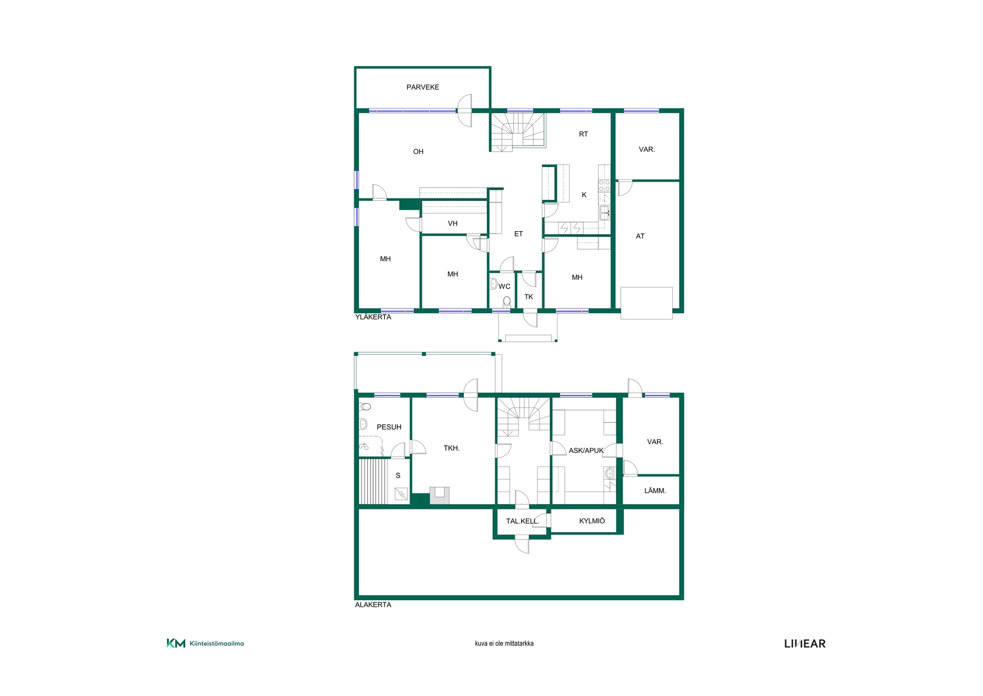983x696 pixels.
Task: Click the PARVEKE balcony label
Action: [x=422, y=87]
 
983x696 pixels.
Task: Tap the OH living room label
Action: [x=418, y=152]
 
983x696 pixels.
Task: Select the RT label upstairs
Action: [x=583, y=134]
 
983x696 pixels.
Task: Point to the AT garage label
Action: [x=640, y=236]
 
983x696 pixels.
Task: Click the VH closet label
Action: [x=453, y=223]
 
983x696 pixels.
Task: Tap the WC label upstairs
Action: [x=504, y=286]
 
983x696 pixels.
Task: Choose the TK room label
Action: [x=529, y=297]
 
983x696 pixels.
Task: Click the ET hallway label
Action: [x=519, y=234]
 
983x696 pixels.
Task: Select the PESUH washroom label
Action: [x=389, y=427]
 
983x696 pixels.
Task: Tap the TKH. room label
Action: [x=452, y=448]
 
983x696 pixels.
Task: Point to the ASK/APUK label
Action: [x=586, y=451]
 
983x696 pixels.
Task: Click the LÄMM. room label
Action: [x=655, y=490]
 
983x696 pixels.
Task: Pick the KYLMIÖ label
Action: [x=592, y=521]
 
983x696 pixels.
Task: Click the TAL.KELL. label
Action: [x=523, y=521]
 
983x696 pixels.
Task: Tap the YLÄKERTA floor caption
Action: [x=373, y=317]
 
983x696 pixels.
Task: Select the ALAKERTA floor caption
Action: [x=373, y=605]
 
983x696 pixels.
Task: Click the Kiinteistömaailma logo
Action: [x=205, y=643]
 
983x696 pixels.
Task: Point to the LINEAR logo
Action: [x=805, y=644]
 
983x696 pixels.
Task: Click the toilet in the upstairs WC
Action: [x=507, y=302]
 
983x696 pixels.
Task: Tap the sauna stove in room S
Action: [x=401, y=494]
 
